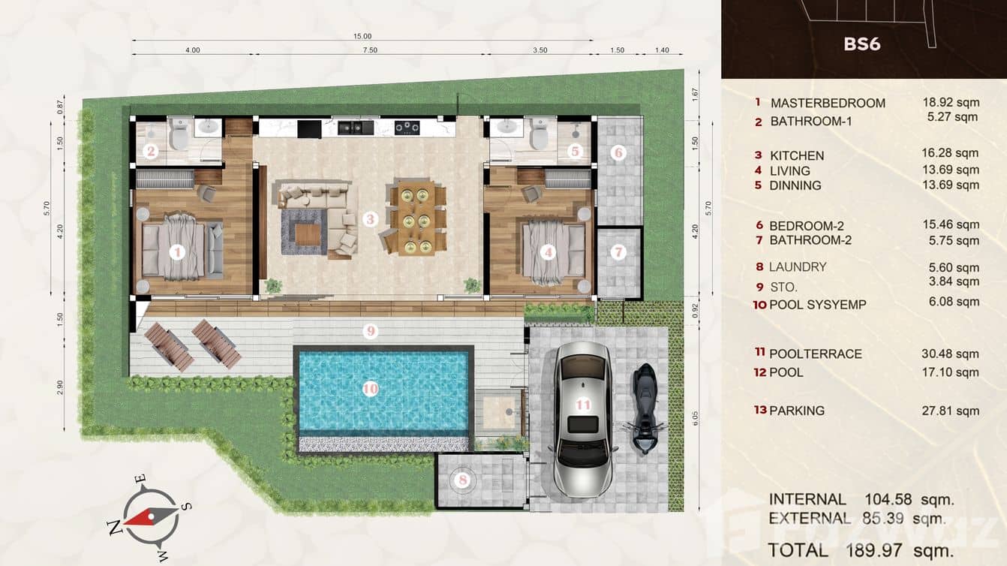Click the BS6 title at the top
(x=861, y=44)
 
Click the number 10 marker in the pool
(x=370, y=388)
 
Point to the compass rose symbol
(x=150, y=516)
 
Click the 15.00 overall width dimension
(x=362, y=36)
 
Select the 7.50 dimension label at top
(x=368, y=50)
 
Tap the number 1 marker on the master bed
(x=177, y=252)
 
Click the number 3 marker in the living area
(x=370, y=219)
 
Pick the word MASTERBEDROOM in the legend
(x=827, y=103)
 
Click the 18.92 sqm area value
(x=950, y=103)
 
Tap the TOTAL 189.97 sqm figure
(x=861, y=550)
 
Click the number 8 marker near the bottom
(x=463, y=479)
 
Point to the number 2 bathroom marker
(x=151, y=152)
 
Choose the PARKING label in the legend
(x=796, y=411)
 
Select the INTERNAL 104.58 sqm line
(x=861, y=499)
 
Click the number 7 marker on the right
(x=618, y=252)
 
